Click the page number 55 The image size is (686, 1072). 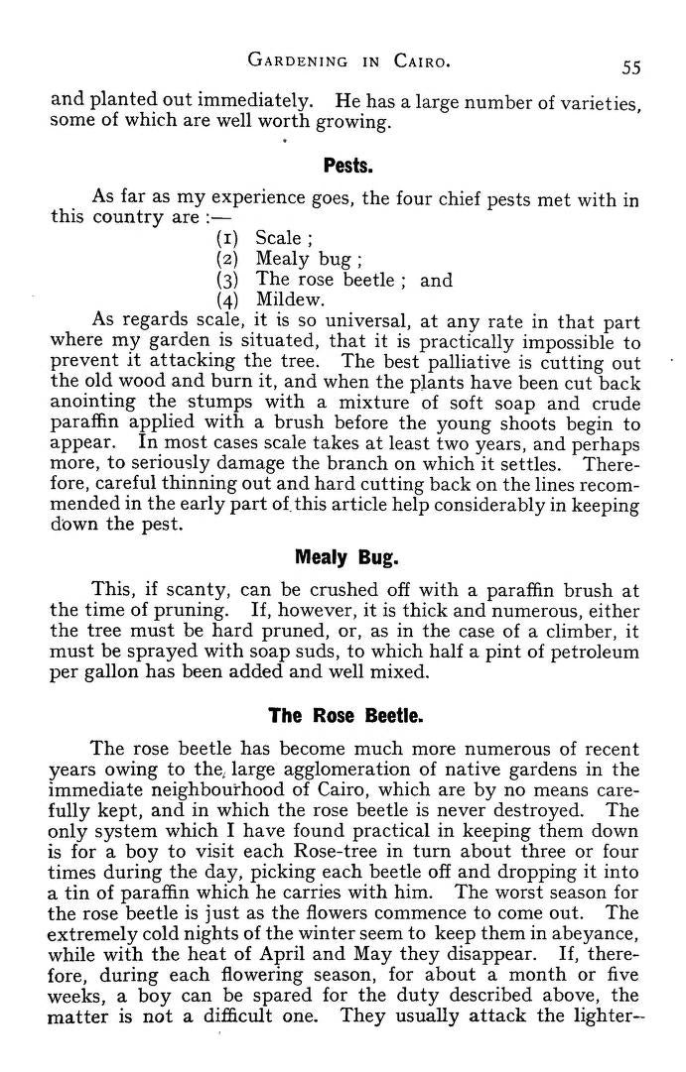[x=631, y=67]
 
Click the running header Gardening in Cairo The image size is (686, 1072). [x=349, y=60]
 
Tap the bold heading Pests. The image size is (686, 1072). [x=347, y=164]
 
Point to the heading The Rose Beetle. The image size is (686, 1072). [x=347, y=713]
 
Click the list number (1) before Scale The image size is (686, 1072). [x=228, y=239]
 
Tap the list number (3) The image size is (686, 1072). [x=229, y=280]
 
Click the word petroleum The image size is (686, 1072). [x=586, y=651]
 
